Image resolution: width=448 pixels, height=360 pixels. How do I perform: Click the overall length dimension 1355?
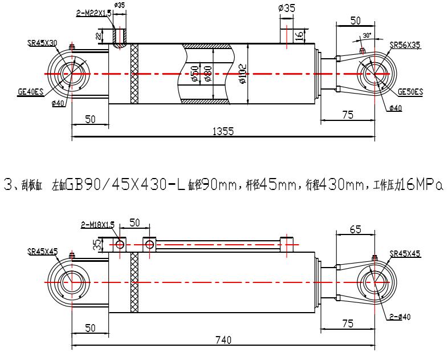pos(223,131)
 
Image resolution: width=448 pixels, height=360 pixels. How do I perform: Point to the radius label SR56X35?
pos(405,44)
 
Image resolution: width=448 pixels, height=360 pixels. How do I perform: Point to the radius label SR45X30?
pos(42,43)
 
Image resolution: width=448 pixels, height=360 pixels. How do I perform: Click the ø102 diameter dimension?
pos(243,74)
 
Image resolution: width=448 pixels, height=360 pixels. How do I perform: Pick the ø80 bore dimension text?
pos(209,74)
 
